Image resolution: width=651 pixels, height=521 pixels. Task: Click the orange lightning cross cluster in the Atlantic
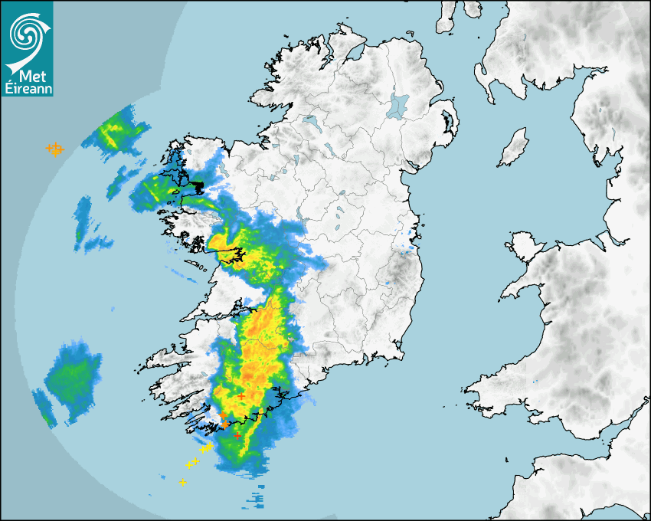click(x=54, y=149)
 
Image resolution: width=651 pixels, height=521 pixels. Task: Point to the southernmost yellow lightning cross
click(x=182, y=482)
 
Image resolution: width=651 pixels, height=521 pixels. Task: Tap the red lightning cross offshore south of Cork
click(x=237, y=435)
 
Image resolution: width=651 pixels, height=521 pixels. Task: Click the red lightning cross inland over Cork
click(x=241, y=395)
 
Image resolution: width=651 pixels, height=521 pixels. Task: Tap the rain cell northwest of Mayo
click(x=115, y=134)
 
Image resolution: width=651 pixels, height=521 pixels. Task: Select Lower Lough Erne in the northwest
click(x=310, y=120)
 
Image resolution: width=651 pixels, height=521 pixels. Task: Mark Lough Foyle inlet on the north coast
click(x=354, y=54)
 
